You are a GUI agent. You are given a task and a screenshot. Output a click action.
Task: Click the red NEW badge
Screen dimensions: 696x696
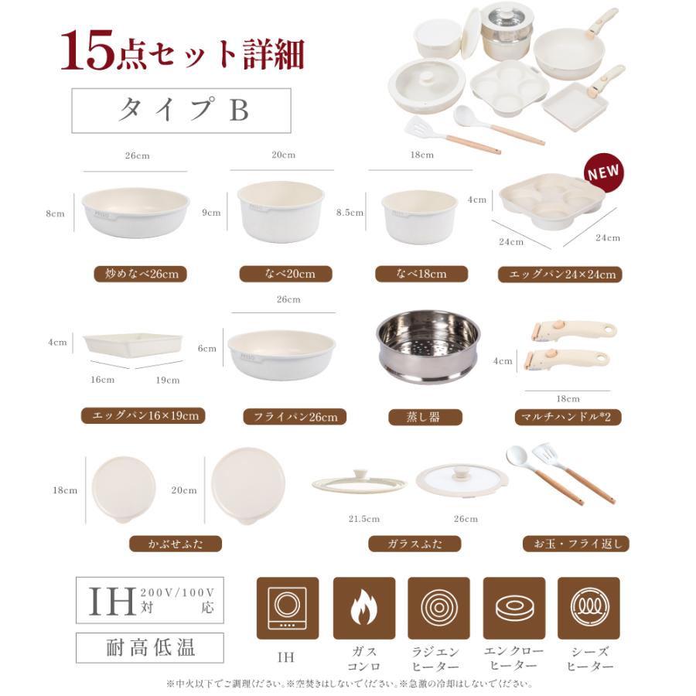tap(603, 174)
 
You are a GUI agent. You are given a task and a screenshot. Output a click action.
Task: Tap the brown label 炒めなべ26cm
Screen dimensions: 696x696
tap(141, 274)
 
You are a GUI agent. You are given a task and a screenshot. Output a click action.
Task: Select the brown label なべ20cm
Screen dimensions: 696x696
tap(285, 274)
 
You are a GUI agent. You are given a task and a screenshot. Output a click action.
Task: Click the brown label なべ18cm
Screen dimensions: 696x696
tap(421, 274)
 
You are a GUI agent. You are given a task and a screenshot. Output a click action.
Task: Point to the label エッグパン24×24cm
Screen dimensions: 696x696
tap(560, 275)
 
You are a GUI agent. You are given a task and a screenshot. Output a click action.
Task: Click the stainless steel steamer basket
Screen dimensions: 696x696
tap(428, 346)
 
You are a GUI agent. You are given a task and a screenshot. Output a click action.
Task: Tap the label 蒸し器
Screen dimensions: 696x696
tap(425, 417)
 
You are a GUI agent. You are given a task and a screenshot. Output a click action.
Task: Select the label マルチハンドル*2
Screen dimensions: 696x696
tap(568, 417)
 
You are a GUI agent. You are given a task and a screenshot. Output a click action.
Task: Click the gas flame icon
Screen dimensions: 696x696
tap(363, 608)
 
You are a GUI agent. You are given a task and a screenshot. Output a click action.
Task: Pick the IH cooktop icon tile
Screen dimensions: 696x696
tap(288, 608)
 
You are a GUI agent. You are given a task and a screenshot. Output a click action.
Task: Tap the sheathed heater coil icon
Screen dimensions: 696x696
tap(589, 608)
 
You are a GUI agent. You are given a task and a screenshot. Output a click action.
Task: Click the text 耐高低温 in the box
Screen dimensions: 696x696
tap(150, 647)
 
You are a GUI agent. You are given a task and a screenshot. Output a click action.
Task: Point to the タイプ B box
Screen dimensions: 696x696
tap(181, 111)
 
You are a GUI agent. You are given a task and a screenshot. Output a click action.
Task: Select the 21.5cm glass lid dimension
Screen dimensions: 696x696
tap(364, 519)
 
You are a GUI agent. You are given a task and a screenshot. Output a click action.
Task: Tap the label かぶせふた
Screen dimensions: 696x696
tap(176, 544)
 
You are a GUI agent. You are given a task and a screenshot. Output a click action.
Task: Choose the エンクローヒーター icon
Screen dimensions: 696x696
tap(514, 608)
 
